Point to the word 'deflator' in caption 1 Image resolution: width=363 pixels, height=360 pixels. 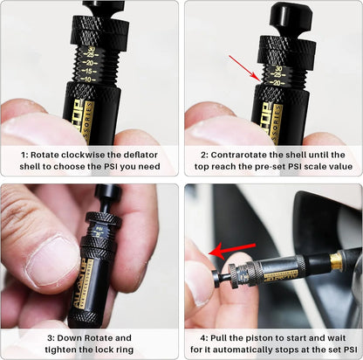click(x=130, y=152)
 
